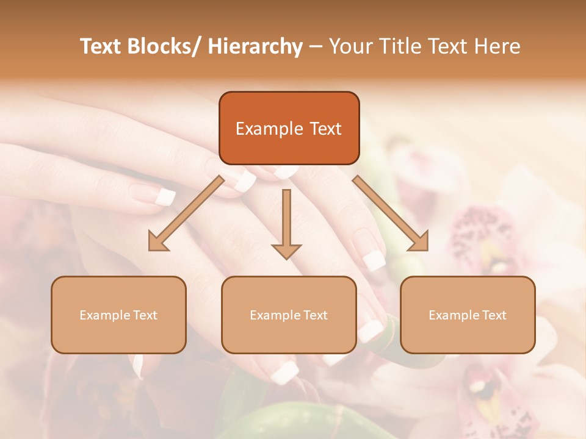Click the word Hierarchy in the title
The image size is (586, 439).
point(255,46)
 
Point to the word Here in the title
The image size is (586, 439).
point(497,46)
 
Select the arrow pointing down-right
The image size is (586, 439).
point(391,213)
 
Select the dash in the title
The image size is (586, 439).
point(316,46)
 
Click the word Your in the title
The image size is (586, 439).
point(352,46)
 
